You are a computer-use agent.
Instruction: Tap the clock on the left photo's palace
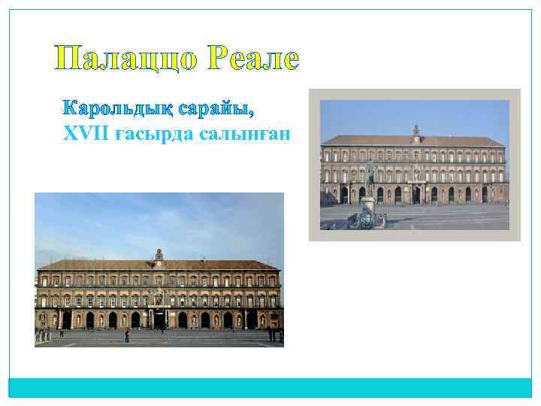(159, 264)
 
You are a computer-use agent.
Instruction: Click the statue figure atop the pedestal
(369, 174)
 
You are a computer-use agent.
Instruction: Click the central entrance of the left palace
(159, 319)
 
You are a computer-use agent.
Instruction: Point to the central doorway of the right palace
(416, 195)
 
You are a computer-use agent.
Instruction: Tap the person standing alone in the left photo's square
(127, 335)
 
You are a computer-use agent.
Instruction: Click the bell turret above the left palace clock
(159, 254)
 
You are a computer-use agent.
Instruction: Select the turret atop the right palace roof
(416, 129)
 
